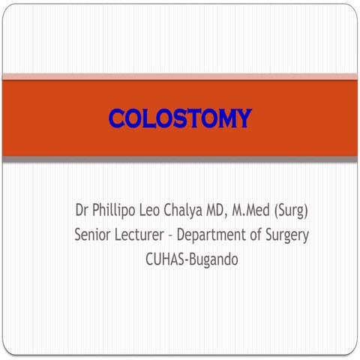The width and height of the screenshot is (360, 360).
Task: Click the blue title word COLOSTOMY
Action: click(180, 118)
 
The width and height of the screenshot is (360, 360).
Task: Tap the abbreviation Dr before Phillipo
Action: click(82, 210)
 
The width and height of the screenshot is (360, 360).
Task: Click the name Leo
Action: click(149, 210)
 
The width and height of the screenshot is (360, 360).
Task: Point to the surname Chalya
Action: click(183, 211)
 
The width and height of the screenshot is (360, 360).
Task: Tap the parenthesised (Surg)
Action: click(291, 211)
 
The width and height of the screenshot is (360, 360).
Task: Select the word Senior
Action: click(92, 235)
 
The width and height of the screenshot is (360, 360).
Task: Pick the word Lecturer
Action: click(139, 235)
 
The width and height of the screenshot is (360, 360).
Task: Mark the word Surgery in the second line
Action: click(287, 235)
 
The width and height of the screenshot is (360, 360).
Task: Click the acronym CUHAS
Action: click(165, 259)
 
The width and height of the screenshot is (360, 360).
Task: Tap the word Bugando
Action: click(214, 260)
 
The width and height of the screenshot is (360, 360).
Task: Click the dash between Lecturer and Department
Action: click(170, 236)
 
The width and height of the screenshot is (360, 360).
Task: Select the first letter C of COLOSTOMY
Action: click(117, 118)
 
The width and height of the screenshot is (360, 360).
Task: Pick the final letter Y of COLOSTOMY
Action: click(243, 118)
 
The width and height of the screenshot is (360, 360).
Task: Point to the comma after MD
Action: click(226, 215)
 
